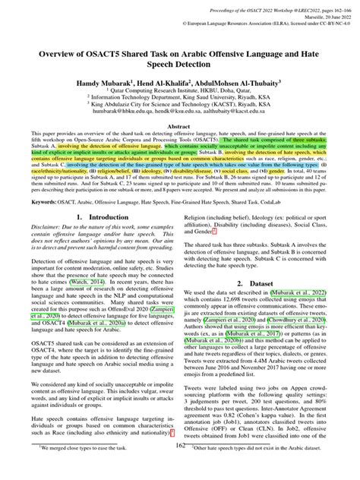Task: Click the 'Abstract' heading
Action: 180,128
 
